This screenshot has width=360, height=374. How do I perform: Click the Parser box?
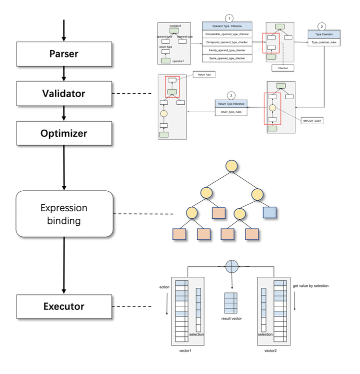point(64,54)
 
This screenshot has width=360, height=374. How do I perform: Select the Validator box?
point(64,93)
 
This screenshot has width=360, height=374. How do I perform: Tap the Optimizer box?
point(64,134)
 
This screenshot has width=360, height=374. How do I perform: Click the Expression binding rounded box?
point(64,214)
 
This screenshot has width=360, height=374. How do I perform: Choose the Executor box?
point(64,306)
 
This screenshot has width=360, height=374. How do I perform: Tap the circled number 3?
point(230,95)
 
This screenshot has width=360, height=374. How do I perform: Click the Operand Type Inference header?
point(226,25)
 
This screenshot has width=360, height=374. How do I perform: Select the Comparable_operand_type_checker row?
point(226,34)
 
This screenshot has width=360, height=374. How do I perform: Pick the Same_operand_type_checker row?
point(226,58)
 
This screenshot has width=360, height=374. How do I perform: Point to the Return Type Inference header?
point(231,104)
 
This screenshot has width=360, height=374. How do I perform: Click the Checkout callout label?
point(282,68)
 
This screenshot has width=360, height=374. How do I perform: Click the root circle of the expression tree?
point(231,166)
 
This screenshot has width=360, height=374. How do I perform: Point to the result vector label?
point(231,318)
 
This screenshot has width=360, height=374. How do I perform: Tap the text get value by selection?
point(310,286)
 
